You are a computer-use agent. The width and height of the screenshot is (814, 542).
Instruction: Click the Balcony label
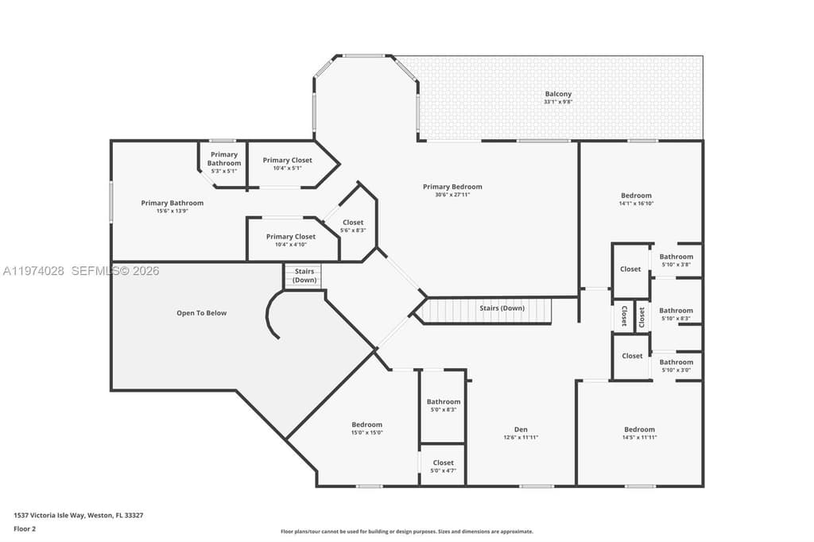pos(558,94)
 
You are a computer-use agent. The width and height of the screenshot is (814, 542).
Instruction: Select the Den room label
pos(521,429)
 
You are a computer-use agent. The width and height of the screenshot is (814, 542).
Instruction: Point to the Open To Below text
pos(201,313)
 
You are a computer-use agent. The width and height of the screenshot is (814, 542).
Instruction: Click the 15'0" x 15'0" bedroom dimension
pos(366,432)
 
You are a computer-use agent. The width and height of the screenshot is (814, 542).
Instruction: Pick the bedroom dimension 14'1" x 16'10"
pos(636,203)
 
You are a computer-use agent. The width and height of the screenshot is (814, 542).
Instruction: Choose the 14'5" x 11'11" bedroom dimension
pos(639,437)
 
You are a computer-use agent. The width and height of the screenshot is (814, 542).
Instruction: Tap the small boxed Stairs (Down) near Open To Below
pos(304,276)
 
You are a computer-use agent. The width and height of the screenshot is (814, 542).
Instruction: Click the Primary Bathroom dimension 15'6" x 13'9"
pos(172,211)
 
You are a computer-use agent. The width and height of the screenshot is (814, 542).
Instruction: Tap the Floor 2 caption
pos(25,528)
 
